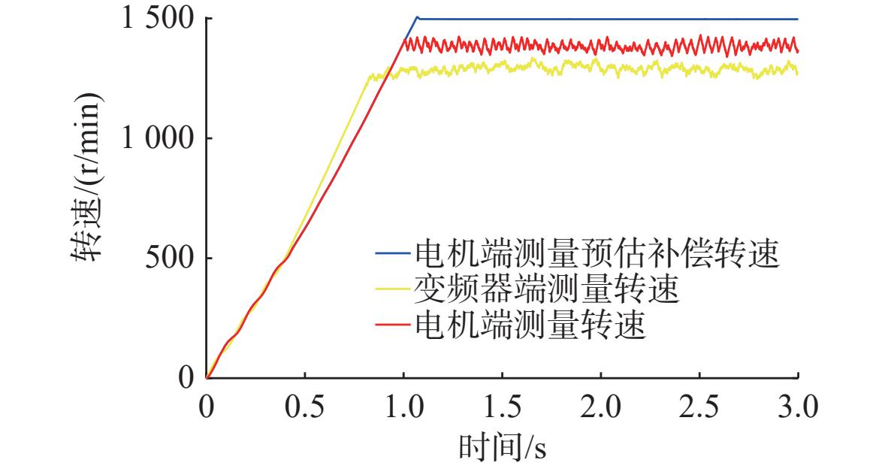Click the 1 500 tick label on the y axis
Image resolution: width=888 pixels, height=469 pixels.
[x=158, y=19]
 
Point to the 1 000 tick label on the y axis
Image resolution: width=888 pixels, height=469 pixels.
[x=158, y=138]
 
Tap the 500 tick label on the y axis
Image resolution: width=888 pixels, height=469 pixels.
[x=170, y=259]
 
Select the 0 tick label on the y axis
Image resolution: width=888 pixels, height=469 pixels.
[x=187, y=378]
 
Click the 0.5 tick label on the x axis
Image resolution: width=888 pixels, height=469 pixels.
[x=305, y=407]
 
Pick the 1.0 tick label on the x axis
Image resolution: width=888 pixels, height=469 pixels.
[x=403, y=407]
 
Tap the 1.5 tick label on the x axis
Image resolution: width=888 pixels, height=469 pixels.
[x=503, y=407]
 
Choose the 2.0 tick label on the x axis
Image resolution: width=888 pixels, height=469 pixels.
[x=601, y=407]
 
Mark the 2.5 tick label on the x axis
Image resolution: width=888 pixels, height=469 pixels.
[x=699, y=407]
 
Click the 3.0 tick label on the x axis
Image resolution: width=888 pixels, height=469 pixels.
[x=798, y=407]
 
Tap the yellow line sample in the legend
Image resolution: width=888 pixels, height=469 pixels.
[x=392, y=289]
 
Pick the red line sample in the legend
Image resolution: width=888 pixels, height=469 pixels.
[x=392, y=325]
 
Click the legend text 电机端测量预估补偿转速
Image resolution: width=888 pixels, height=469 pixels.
[x=597, y=253]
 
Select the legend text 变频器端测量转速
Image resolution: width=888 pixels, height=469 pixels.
[x=546, y=289]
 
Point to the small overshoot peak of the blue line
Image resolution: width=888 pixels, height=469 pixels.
[x=418, y=17]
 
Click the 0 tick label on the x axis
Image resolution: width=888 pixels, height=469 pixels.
[x=207, y=407]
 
